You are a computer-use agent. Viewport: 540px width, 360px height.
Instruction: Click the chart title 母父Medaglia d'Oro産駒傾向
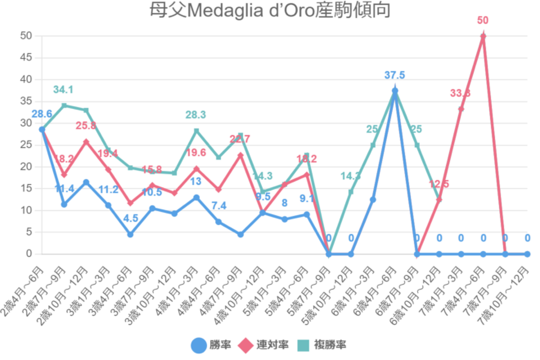(269, 11)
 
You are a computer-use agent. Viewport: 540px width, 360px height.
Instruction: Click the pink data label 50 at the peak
(483, 20)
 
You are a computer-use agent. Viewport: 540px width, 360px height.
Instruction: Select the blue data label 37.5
(394, 75)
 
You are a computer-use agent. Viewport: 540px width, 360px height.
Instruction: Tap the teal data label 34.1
(64, 90)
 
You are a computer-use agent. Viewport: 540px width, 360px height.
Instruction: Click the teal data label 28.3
(196, 115)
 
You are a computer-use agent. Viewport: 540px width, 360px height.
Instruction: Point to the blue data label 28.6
(41, 114)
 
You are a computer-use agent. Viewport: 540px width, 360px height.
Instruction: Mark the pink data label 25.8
(86, 126)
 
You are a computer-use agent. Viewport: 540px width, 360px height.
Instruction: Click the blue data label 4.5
(130, 218)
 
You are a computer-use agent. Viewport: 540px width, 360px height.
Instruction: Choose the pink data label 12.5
(439, 184)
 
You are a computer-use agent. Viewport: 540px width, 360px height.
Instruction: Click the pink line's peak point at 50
(483, 36)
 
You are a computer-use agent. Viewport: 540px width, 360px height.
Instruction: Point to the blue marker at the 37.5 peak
(394, 91)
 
